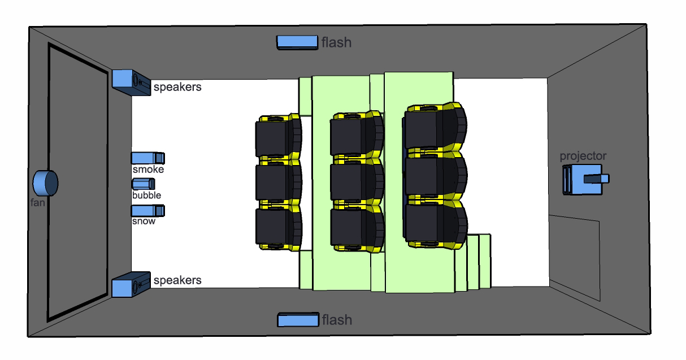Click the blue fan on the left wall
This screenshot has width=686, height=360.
click(x=45, y=182)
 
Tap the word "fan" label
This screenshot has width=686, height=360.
click(x=37, y=202)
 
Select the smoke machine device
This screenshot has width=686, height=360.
click(x=147, y=158)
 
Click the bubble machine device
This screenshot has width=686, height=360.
click(x=144, y=184)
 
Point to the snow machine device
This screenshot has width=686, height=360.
click(x=147, y=210)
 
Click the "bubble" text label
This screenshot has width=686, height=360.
click(x=146, y=196)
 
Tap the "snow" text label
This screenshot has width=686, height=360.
click(x=144, y=221)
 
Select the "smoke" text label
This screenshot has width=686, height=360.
click(x=148, y=169)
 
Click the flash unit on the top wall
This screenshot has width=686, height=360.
click(x=297, y=42)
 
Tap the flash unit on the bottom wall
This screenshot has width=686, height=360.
click(x=298, y=320)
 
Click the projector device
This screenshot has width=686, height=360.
click(x=584, y=179)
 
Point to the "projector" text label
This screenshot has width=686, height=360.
click(x=583, y=156)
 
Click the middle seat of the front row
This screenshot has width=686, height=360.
click(x=277, y=182)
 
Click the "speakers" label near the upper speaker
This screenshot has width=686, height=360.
click(x=177, y=88)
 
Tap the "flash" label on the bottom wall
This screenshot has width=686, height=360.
click(x=337, y=320)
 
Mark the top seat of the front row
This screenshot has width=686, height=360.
click(x=277, y=138)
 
